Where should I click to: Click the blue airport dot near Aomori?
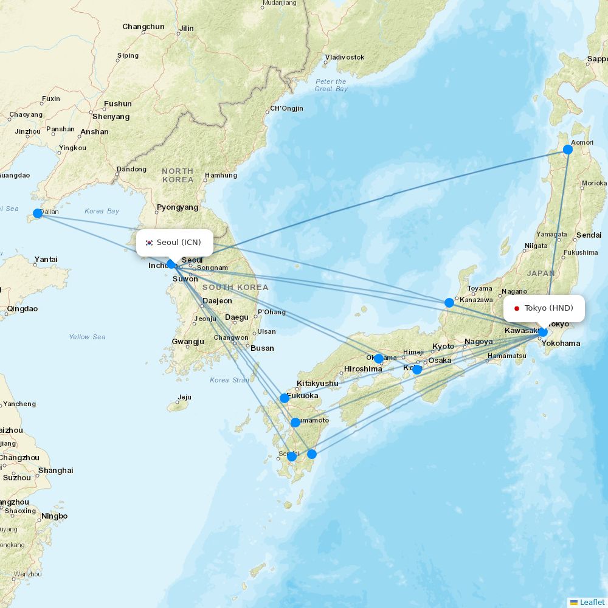coord(568,150)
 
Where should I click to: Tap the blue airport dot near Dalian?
coord(38,213)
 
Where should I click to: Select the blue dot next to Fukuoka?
coord(284,398)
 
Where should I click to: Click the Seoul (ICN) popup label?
coord(174,243)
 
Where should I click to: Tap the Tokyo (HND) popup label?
coord(544,308)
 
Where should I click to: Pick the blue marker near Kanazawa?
coord(449,303)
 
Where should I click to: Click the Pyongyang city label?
coord(178,207)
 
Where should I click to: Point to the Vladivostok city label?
coord(344,57)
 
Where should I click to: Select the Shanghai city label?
coord(55,471)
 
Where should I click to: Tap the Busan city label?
coord(262,348)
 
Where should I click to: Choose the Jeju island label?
coord(184,398)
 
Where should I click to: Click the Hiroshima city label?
coord(363,369)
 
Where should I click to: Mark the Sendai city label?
coord(589,235)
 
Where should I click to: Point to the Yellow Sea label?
coord(87,337)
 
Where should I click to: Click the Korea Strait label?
coord(230,380)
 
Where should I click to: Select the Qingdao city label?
coord(22,309)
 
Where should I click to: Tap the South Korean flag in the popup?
coord(150,243)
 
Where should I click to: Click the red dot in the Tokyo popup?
coord(517,308)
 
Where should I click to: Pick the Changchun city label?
coord(143,27)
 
